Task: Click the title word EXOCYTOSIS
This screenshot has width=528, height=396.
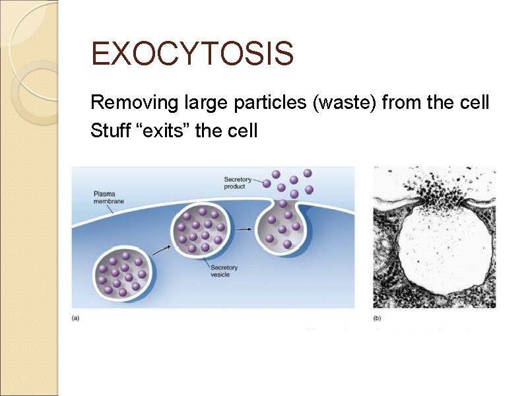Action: (192, 54)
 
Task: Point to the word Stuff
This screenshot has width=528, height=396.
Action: (108, 131)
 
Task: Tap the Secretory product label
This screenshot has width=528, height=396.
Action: (237, 183)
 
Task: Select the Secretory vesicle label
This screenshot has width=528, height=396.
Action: (224, 271)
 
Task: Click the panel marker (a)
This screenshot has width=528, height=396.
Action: (76, 318)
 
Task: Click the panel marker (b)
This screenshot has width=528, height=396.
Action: (378, 318)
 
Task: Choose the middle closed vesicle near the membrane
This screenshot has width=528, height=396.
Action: (199, 230)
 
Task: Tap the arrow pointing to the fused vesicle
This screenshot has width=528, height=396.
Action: (244, 229)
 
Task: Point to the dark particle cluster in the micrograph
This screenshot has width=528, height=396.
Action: (436, 191)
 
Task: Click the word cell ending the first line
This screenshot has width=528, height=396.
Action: (474, 103)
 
